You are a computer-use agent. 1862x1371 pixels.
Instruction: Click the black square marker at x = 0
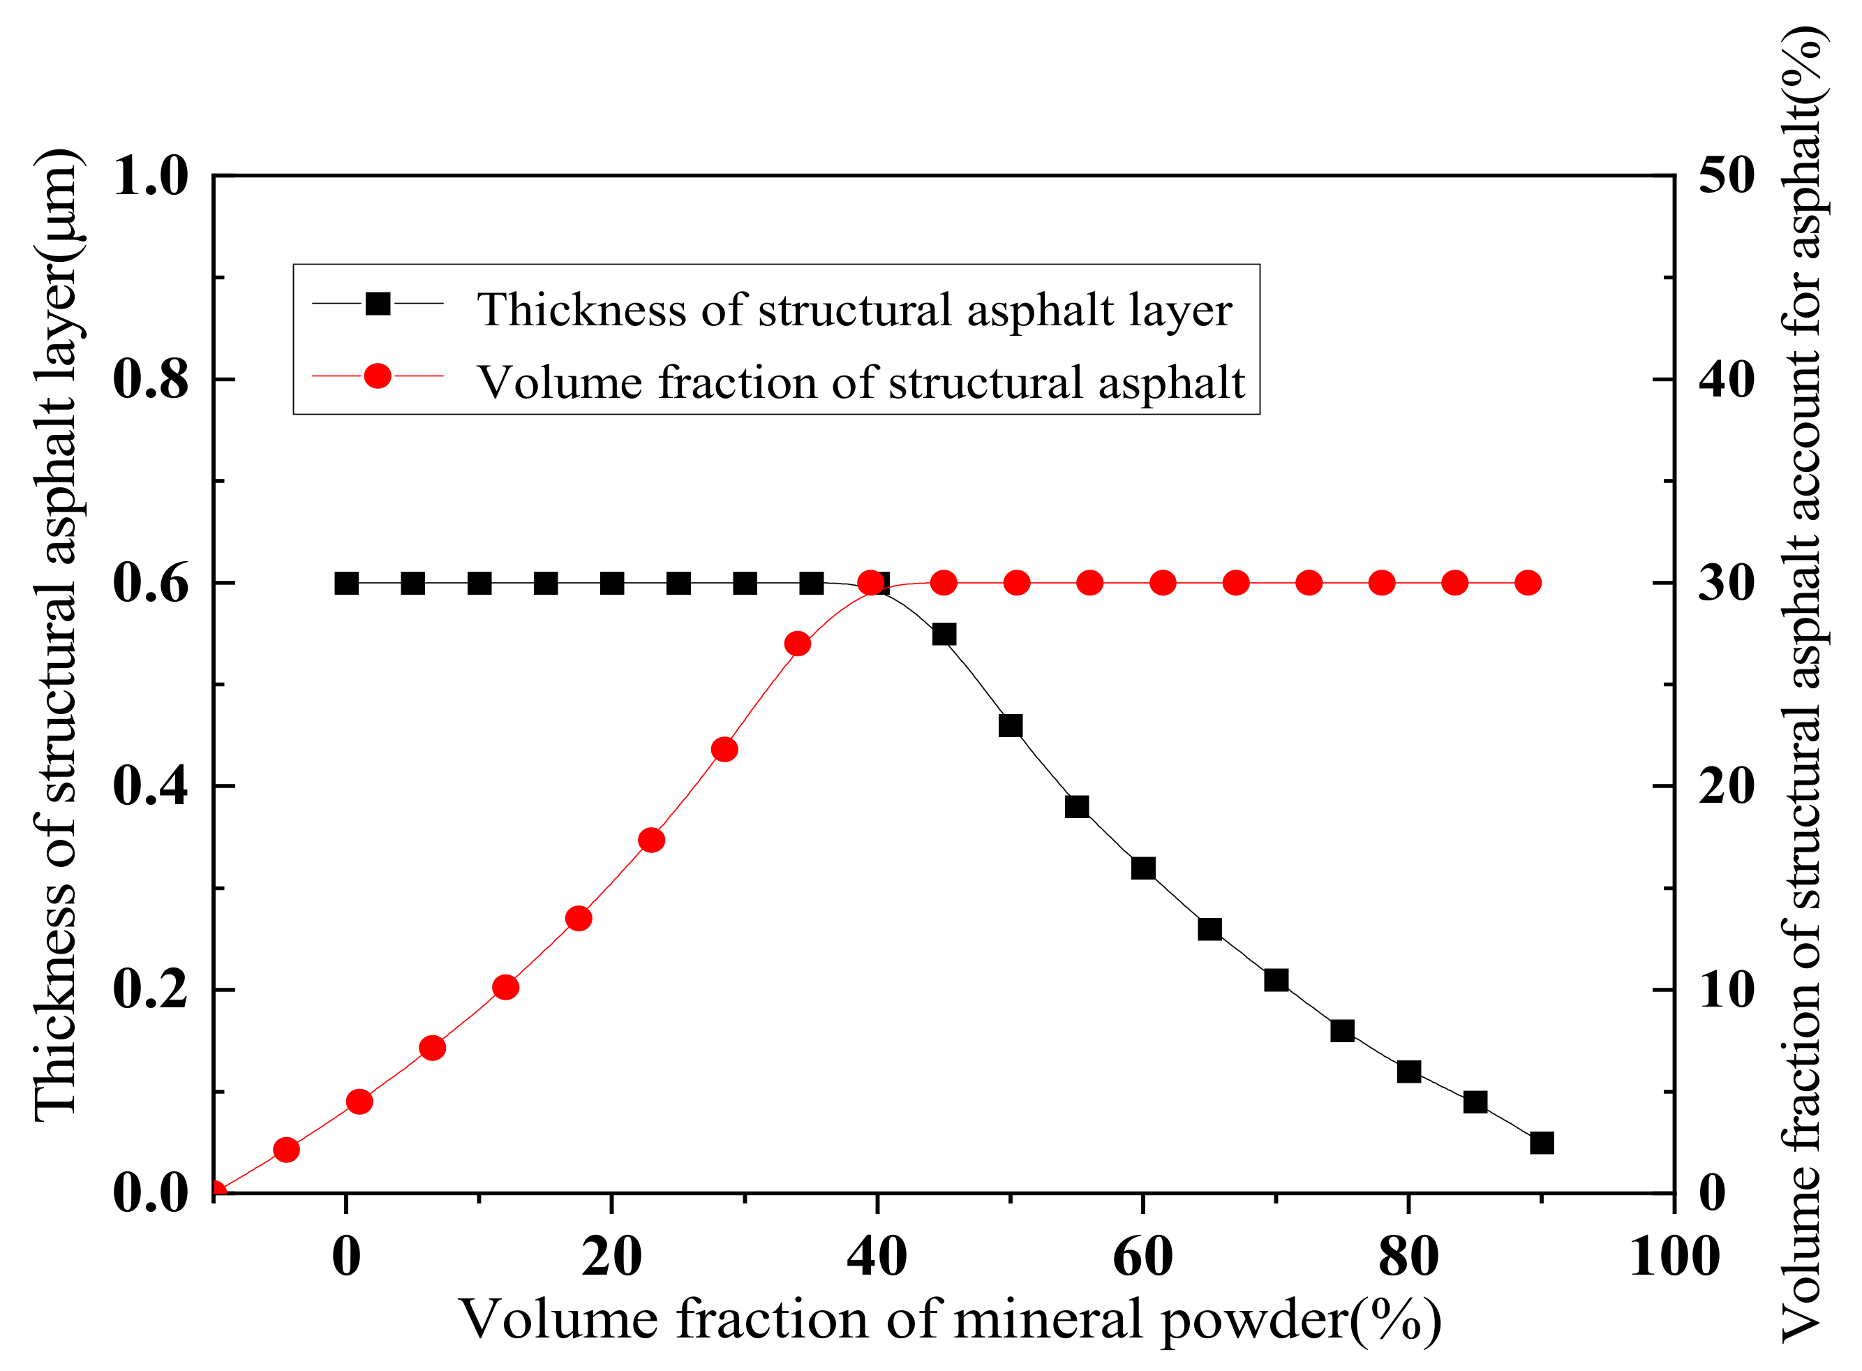coord(346,584)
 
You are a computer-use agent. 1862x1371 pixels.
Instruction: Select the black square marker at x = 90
coord(1542,1143)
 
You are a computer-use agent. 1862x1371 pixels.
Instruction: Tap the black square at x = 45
coord(944,635)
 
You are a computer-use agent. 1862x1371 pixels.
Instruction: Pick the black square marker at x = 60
coord(1143,869)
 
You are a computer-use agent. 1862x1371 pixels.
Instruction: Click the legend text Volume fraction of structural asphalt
coord(861,383)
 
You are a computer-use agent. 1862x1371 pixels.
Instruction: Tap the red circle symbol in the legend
coord(378,376)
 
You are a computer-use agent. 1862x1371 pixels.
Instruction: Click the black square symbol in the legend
coord(378,304)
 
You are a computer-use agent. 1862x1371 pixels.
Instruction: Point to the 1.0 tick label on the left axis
coord(150,176)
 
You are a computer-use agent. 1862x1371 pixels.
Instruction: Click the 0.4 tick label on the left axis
coord(150,786)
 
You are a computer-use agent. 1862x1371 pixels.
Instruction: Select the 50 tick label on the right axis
coord(1726,176)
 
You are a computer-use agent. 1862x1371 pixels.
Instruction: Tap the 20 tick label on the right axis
coord(1726,786)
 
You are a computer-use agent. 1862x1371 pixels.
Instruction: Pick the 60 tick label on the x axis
coord(1142,1257)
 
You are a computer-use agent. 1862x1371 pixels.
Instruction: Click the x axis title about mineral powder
coord(950,1319)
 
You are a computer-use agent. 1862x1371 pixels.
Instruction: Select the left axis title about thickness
coord(57,635)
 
